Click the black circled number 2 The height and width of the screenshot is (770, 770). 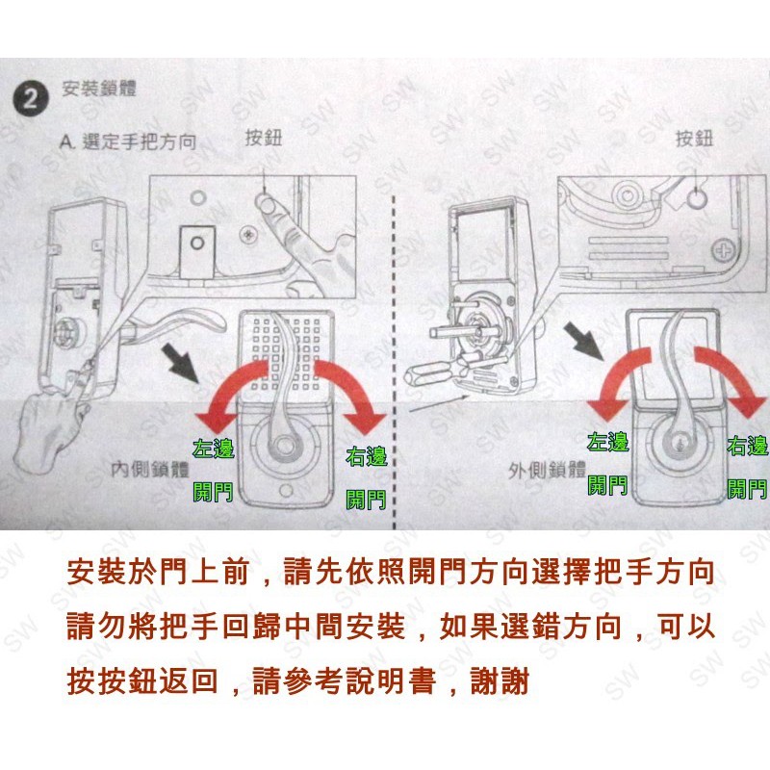pyautogui.click(x=31, y=99)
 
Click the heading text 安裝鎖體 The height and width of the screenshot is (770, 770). pyautogui.click(x=99, y=89)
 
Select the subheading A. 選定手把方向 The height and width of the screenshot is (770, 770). pyautogui.click(x=128, y=141)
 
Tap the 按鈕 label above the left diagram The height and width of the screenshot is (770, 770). pyautogui.click(x=264, y=138)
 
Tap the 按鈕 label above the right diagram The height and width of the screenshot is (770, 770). pyautogui.click(x=694, y=139)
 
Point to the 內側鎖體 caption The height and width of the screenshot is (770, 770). pyautogui.click(x=149, y=470)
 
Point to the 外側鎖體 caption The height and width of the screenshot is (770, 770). pyautogui.click(x=547, y=471)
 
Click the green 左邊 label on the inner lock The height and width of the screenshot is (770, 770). pyautogui.click(x=213, y=448)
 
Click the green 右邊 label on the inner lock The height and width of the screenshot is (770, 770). pyautogui.click(x=367, y=456)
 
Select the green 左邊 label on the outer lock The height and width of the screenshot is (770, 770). pyautogui.click(x=608, y=442)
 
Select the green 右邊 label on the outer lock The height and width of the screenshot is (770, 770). pyautogui.click(x=747, y=446)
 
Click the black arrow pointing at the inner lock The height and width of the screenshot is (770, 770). pyautogui.click(x=181, y=363)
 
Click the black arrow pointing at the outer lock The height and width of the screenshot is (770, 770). pyautogui.click(x=583, y=341)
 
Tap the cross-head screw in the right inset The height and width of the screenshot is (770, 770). pyautogui.click(x=724, y=250)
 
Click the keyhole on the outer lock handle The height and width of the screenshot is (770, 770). pyautogui.click(x=680, y=447)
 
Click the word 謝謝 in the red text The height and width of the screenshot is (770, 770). pyautogui.click(x=500, y=681)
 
